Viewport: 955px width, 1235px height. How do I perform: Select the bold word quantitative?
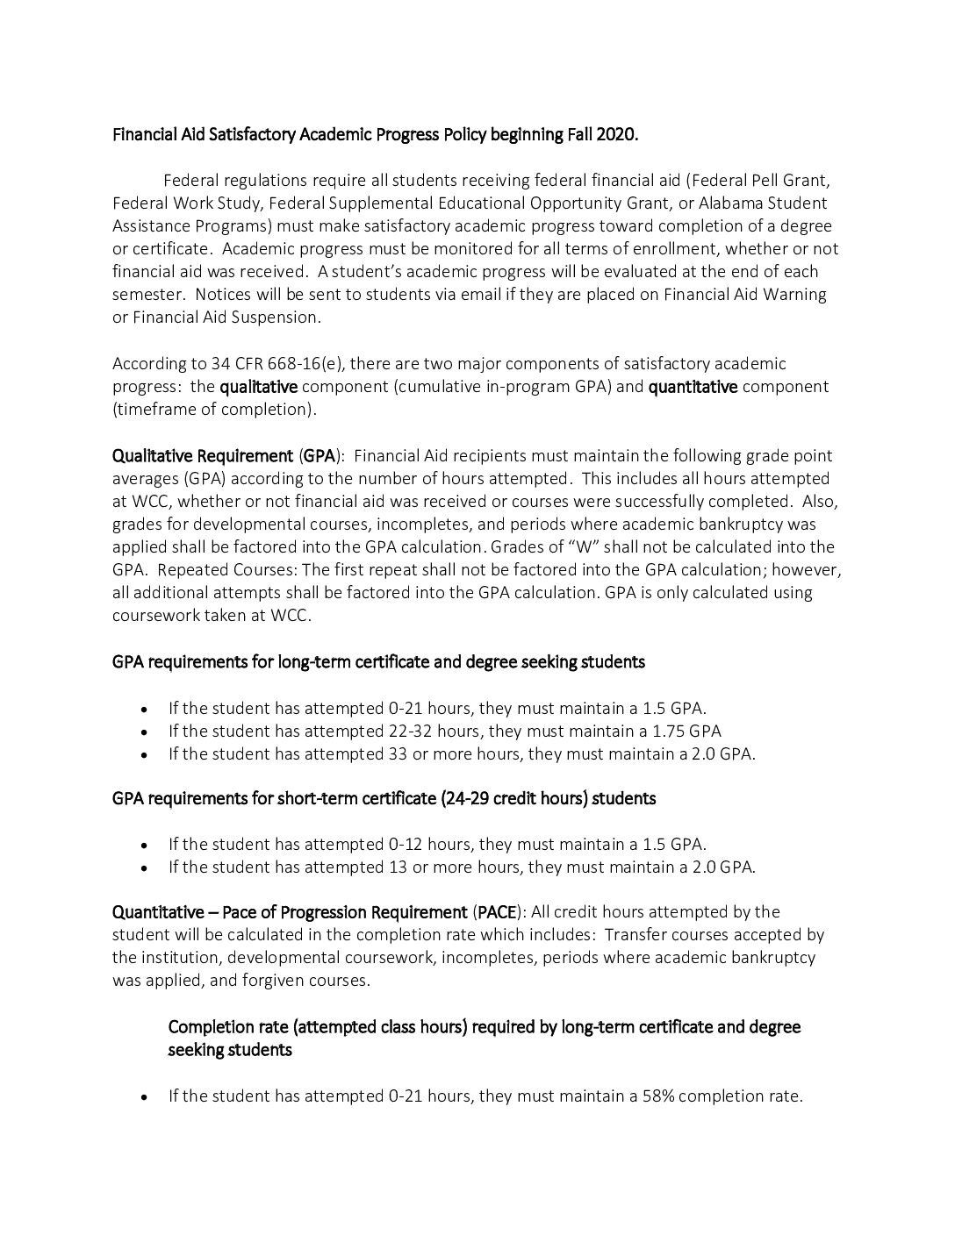pyautogui.click(x=693, y=386)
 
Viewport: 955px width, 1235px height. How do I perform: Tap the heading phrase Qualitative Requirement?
pyautogui.click(x=202, y=455)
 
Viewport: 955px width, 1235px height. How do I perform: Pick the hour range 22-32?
pyautogui.click(x=410, y=731)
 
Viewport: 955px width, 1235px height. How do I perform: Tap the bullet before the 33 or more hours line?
pyautogui.click(x=144, y=753)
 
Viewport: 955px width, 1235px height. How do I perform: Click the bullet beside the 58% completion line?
pyautogui.click(x=144, y=1096)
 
